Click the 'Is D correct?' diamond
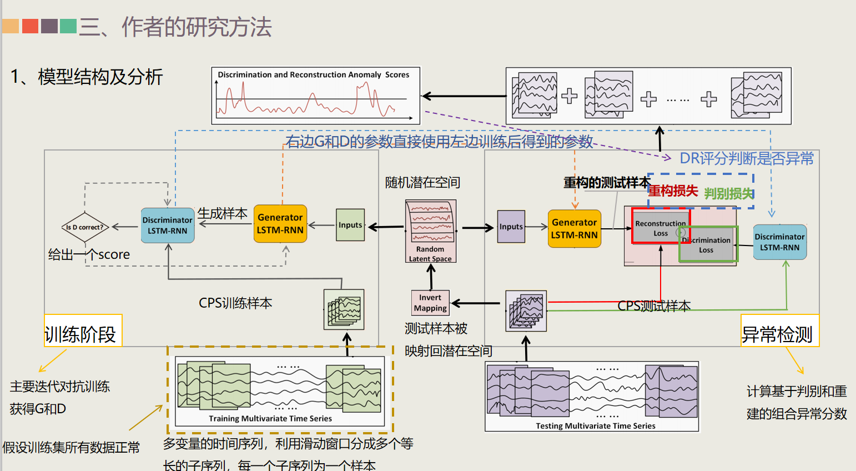pos(84,227)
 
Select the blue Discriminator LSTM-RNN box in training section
pos(168,226)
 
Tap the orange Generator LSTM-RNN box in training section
pos(280,224)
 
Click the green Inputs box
pos(350,225)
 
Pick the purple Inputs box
pos(511,227)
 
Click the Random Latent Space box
pos(431,231)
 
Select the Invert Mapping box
pos(430,303)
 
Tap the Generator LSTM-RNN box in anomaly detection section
pos(575,228)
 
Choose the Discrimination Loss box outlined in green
pos(708,245)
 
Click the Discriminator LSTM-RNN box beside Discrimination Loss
pos(779,242)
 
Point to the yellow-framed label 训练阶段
pos(81,334)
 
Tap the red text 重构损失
pos(673,191)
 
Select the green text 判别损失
pos(728,194)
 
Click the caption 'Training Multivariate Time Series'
pos(270,419)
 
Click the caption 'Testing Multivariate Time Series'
pos(595,426)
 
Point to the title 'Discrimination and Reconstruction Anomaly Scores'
pos(313,75)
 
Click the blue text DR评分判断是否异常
pos(746,159)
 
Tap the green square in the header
pos(68,26)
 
